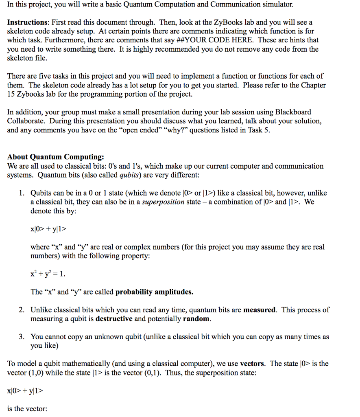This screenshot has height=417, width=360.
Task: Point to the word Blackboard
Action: coord(293,112)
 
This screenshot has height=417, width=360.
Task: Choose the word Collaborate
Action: coord(25,121)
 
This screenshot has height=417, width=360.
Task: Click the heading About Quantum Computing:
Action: coord(55,157)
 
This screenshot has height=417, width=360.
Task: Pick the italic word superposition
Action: coord(163,202)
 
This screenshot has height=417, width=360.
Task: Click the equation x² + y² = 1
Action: coord(48,274)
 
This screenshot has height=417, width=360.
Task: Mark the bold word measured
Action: coord(260,309)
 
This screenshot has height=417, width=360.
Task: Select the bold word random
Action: coord(196,318)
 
